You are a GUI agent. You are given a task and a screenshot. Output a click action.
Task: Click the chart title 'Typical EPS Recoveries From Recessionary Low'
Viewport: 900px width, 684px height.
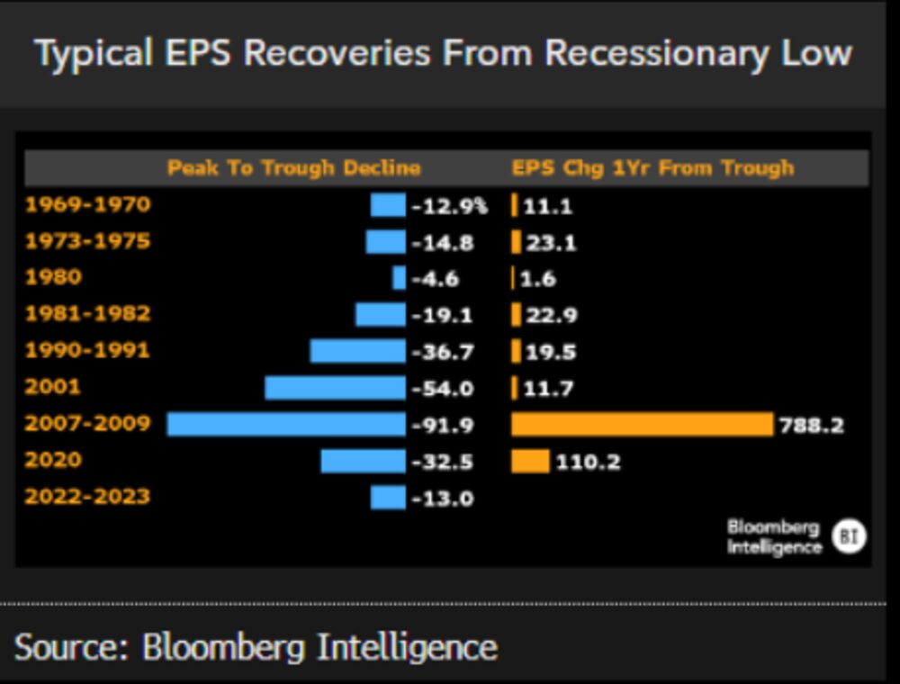443,53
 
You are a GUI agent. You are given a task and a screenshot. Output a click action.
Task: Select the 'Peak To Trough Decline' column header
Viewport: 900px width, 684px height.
293,168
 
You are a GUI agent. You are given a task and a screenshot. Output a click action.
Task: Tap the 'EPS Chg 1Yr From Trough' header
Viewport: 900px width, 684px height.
652,168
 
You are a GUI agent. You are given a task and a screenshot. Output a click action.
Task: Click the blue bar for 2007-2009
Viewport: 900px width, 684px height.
286,424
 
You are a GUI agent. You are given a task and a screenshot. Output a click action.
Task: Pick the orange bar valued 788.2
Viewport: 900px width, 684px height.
642,424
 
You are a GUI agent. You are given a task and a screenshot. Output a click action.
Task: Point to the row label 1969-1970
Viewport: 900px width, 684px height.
87,205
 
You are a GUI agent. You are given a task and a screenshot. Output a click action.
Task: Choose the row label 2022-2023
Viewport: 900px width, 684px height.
87,497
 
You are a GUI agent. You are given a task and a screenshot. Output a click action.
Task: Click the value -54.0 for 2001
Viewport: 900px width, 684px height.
442,389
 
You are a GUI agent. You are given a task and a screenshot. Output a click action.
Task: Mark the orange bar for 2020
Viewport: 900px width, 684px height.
530,462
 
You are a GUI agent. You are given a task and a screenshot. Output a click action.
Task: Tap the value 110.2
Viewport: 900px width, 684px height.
588,463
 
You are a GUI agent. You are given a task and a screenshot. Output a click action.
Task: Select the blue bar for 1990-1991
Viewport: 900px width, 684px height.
357,351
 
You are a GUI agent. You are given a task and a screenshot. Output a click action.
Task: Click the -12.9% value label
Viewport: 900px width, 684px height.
449,206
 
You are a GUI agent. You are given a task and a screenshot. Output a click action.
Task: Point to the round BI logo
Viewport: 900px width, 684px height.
848,536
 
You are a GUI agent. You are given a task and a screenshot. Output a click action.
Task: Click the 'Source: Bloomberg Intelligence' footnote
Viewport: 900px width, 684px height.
256,647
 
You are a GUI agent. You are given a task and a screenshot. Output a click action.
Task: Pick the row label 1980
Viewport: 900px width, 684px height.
52,277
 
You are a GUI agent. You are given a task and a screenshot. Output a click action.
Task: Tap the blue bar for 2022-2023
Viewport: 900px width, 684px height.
388,498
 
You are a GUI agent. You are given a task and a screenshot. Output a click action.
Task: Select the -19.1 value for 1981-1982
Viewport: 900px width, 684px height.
442,316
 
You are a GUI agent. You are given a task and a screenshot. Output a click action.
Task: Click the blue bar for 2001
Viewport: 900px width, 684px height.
335,388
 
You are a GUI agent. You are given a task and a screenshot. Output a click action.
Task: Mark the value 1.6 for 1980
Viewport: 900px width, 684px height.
537,279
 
